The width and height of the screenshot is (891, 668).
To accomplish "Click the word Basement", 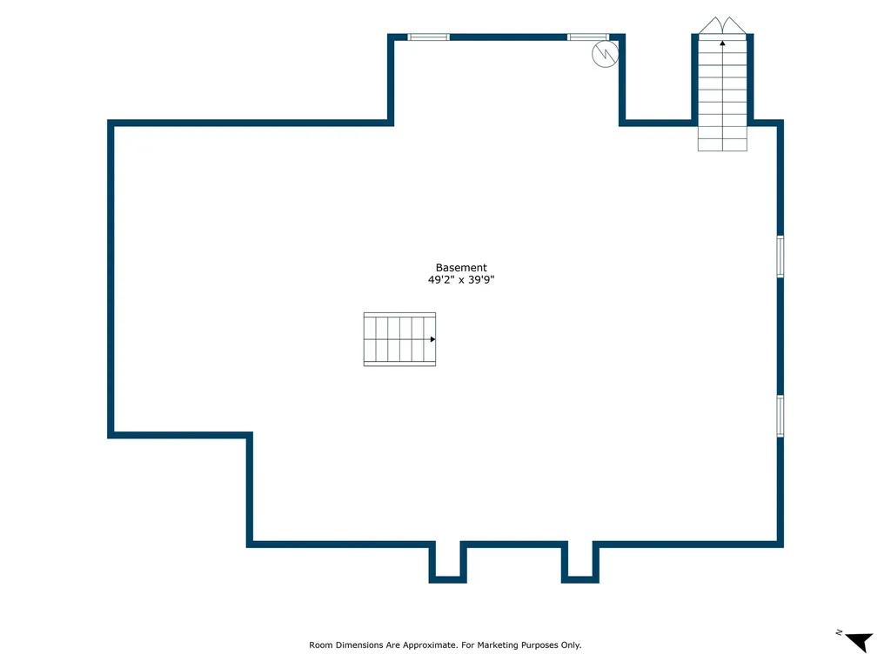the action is tap(461, 268).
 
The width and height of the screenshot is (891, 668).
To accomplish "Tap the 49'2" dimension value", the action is tap(441, 279).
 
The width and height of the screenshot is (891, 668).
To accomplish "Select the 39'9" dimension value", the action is tap(481, 279).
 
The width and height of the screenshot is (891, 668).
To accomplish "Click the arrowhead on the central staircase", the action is tap(432, 339).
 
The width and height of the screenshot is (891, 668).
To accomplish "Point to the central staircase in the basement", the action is tap(399, 339).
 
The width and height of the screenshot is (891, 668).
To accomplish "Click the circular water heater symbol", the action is tap(605, 55).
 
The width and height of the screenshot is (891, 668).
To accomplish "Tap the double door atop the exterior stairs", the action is tap(722, 25).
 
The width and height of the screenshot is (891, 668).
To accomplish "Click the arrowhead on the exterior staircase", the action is tap(722, 43).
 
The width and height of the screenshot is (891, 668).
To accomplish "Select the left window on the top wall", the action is tap(428, 37).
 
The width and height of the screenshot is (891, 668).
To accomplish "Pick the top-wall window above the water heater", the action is tap(588, 37).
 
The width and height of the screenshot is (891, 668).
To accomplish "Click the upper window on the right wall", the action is tap(780, 257).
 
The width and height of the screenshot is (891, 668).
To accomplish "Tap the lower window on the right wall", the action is tap(780, 416).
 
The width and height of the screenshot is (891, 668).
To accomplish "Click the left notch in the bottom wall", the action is tap(448, 563).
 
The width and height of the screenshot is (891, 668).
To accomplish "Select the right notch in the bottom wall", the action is tap(580, 563).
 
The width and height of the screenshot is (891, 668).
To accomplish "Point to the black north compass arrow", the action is tap(860, 642).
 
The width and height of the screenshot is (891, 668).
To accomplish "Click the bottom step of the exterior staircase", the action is tap(722, 145).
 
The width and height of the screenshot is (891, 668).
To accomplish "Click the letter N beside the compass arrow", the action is tap(839, 632).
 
